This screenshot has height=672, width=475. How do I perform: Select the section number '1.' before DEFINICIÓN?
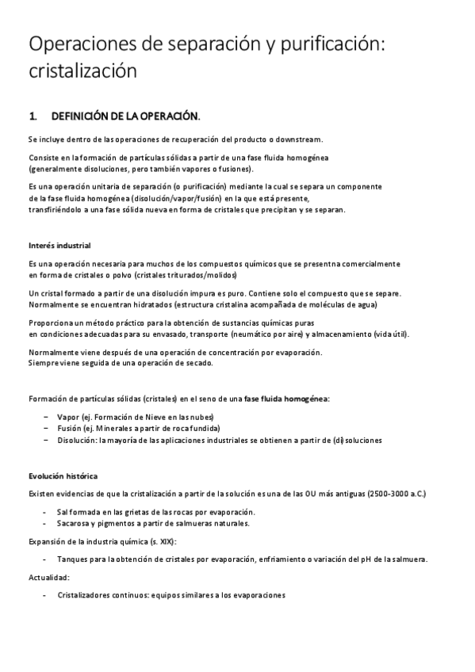click(x=33, y=116)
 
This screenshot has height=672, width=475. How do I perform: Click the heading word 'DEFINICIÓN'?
click(x=86, y=116)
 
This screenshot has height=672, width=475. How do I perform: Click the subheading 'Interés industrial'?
click(x=59, y=245)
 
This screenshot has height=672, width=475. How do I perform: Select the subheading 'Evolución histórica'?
click(x=63, y=476)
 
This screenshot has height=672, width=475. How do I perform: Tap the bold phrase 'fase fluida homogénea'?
click(x=285, y=398)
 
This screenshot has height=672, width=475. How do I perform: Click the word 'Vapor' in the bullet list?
click(x=68, y=416)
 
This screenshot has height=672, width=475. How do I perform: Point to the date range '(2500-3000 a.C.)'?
click(x=396, y=494)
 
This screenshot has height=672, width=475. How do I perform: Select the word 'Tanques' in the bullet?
click(x=72, y=559)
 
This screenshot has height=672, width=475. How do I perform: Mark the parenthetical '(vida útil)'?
click(x=391, y=334)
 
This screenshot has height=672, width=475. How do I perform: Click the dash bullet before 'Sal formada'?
click(x=44, y=512)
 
